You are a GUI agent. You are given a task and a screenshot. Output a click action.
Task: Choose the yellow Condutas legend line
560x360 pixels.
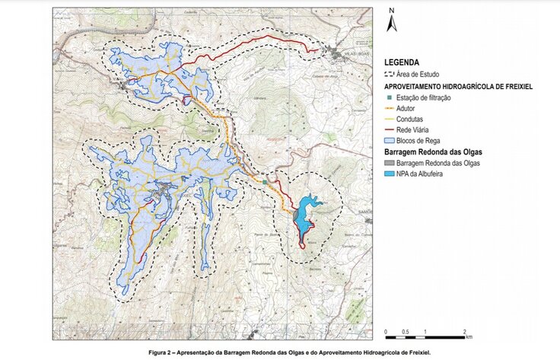pyautogui.click(x=390, y=119)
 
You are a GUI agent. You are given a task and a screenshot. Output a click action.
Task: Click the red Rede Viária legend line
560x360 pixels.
pyautogui.click(x=390, y=130)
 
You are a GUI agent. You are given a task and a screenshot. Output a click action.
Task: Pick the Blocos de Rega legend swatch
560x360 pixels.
pyautogui.click(x=390, y=142)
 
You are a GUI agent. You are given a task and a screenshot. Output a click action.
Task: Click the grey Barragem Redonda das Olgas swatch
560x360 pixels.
pyautogui.click(x=390, y=164)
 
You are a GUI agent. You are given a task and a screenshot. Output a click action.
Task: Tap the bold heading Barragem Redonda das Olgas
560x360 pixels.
pyautogui.click(x=431, y=153)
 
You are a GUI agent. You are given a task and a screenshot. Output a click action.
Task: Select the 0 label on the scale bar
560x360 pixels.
pyautogui.click(x=386, y=332)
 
